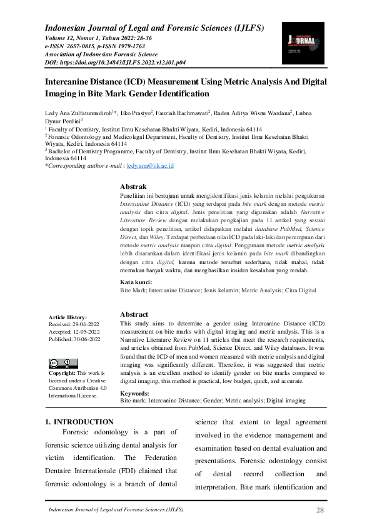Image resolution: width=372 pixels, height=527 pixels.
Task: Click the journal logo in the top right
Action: point(303,43)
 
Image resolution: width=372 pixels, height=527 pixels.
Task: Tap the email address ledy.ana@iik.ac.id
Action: point(150,166)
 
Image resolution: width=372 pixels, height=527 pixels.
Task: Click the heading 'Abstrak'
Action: point(133,187)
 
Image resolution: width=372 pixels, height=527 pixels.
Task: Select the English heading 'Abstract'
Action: point(134,314)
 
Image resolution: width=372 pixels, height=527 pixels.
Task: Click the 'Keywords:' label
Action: point(134,394)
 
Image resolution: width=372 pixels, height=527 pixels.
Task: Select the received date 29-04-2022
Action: point(84,325)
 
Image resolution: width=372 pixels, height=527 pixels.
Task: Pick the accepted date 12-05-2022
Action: point(86,332)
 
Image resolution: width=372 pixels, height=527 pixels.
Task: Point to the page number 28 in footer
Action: point(319,511)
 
